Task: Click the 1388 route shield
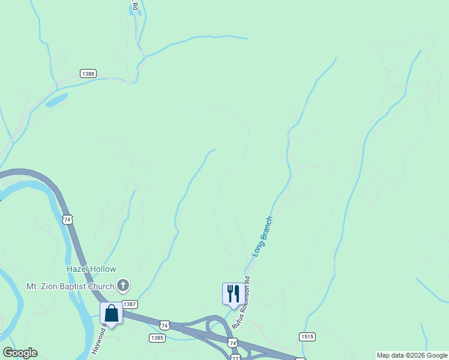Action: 88,73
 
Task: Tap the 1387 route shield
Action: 130,305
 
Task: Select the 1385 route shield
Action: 157,338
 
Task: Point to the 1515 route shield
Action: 307,337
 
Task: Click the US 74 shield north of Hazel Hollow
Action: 67,220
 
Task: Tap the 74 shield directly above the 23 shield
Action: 233,342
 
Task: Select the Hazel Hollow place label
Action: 91,269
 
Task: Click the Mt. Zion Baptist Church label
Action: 70,286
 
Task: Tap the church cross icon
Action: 124,285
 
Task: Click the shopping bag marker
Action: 111,313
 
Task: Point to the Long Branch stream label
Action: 262,237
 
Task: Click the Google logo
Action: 20,353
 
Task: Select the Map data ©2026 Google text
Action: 412,355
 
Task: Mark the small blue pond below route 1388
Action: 56,100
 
